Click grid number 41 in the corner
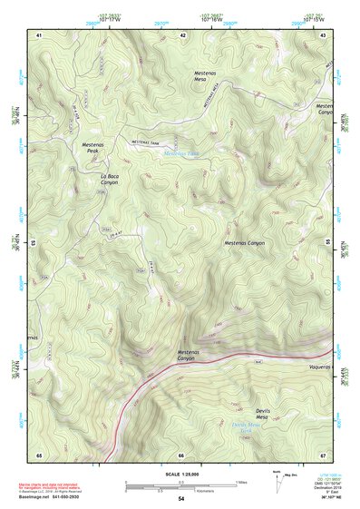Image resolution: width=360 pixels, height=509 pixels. point(39,34)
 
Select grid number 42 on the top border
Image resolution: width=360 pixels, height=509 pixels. point(183,34)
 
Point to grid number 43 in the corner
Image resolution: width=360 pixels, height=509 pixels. point(324,34)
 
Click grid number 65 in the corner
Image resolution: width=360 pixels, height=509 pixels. point(39,455)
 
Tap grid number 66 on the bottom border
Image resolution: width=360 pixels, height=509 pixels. point(181,455)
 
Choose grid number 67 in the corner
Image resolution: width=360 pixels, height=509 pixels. point(323,455)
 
